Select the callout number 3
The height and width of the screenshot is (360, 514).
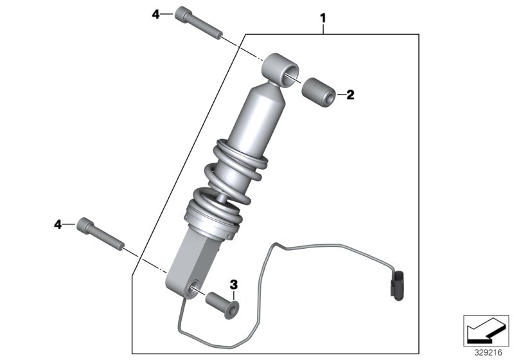(234, 283)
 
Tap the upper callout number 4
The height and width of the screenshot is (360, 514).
(155, 14)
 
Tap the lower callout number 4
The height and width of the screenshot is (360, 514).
(58, 224)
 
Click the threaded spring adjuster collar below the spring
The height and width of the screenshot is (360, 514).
(210, 217)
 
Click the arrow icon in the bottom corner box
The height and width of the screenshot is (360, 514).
(486, 331)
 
